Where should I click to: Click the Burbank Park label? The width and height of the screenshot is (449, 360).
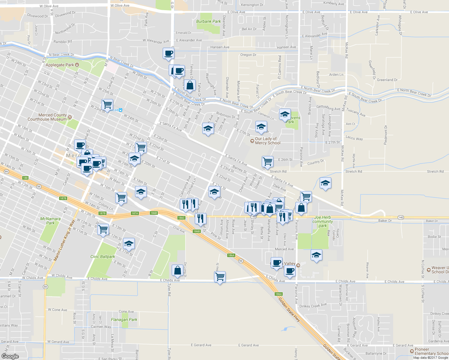click(x=208, y=21)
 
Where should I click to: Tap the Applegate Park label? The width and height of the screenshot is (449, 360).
click(x=60, y=65)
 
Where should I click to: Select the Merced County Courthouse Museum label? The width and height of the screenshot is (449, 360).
click(x=47, y=117)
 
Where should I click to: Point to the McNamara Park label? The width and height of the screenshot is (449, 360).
click(x=50, y=221)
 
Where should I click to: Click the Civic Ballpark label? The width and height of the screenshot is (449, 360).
click(x=103, y=256)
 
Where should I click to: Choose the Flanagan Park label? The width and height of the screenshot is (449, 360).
click(x=124, y=319)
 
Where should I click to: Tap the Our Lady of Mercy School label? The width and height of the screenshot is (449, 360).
click(x=268, y=141)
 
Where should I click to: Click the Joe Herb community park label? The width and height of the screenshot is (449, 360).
click(x=323, y=221)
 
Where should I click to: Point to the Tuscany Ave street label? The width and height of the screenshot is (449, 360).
click(x=356, y=112)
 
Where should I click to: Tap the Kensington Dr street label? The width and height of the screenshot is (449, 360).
click(x=252, y=5)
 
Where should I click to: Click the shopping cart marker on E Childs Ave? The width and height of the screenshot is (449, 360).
click(x=220, y=277)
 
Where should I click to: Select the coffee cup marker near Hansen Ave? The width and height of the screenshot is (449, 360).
click(x=168, y=54)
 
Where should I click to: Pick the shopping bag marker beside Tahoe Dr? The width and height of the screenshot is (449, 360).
click(x=190, y=85)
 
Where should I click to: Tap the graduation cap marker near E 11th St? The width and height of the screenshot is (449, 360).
click(x=129, y=244)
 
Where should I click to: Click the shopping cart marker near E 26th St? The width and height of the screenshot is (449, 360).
click(x=267, y=162)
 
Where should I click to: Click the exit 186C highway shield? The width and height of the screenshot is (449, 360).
click(x=181, y=218)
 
